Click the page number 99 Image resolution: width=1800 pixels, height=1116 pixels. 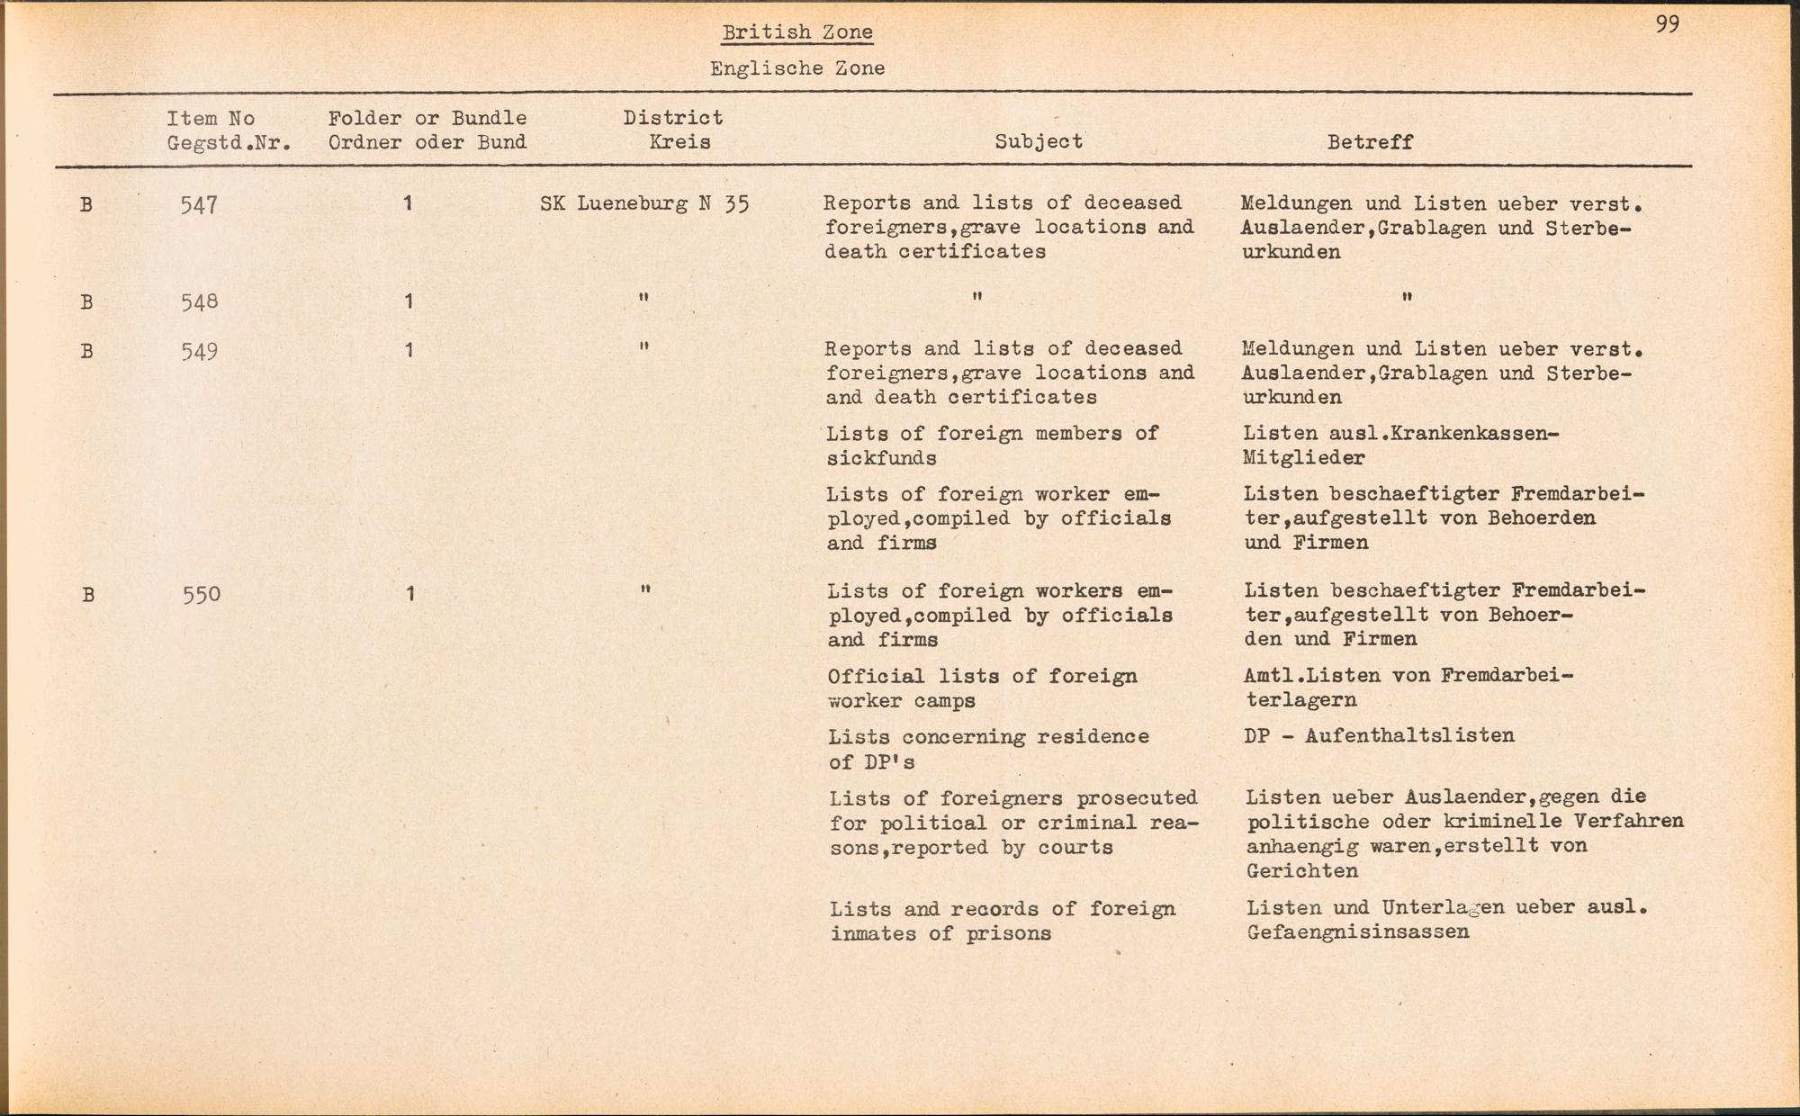[1667, 24]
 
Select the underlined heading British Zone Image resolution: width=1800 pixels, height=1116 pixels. [796, 32]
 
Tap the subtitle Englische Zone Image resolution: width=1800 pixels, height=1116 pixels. [796, 68]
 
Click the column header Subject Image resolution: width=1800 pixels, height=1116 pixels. [1038, 141]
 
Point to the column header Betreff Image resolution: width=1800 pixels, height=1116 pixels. [1369, 142]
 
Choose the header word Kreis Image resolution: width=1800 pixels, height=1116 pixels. [679, 142]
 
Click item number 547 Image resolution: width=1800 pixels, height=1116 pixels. [198, 205]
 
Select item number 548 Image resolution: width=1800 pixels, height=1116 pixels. [199, 301]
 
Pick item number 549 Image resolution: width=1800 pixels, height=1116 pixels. [199, 350]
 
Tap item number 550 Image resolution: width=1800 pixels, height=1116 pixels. [201, 594]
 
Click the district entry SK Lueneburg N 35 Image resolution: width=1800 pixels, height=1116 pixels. [644, 204]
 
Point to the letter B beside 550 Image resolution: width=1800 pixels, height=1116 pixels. [87, 595]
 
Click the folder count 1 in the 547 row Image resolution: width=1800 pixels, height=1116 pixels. [408, 204]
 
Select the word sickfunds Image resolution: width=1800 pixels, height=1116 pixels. [881, 458]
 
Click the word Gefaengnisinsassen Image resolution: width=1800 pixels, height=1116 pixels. [1357, 932]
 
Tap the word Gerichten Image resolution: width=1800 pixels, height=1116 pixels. [1301, 870]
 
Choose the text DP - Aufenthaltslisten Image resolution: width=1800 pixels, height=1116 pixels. [1379, 735]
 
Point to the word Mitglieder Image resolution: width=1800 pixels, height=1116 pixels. [1303, 457]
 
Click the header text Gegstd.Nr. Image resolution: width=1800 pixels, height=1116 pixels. [229, 142]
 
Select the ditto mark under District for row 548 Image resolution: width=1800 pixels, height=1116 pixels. [643, 297]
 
